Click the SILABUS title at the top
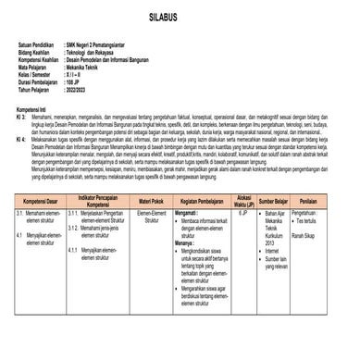coord(180,19)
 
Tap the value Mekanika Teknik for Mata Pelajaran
coord(91,68)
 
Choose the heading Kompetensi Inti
coord(38,108)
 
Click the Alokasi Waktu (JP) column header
coord(244,201)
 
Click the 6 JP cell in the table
coord(243,214)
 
